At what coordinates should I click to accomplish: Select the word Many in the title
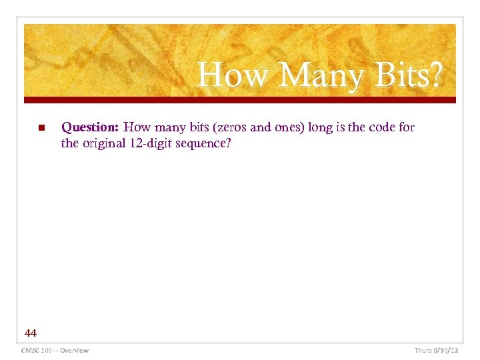pyautogui.click(x=321, y=75)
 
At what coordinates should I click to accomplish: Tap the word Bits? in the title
pyautogui.click(x=407, y=75)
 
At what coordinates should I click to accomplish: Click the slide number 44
pyautogui.click(x=31, y=332)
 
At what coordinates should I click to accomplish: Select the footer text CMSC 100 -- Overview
pyautogui.click(x=55, y=350)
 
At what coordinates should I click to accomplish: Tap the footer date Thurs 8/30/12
pyautogui.click(x=436, y=350)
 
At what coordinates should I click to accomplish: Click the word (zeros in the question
pyautogui.click(x=229, y=127)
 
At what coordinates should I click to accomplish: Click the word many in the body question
pyautogui.click(x=164, y=127)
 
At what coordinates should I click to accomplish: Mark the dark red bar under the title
pyautogui.click(x=240, y=100)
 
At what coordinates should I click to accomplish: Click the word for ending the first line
pyautogui.click(x=407, y=127)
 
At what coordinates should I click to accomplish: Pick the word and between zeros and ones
pyautogui.click(x=260, y=127)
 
